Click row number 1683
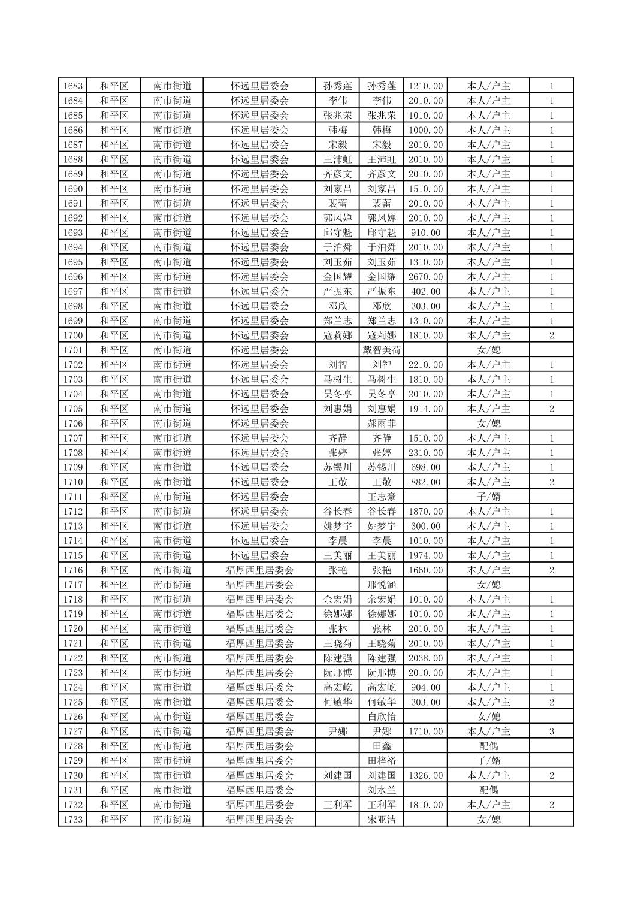(x=72, y=86)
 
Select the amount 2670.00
(x=425, y=277)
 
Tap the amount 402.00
(x=425, y=291)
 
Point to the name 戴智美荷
(x=382, y=350)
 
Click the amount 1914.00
(x=425, y=409)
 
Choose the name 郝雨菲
(x=382, y=424)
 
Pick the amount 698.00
(x=425, y=467)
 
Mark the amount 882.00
(x=425, y=482)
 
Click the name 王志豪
(x=382, y=497)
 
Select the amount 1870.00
(x=425, y=512)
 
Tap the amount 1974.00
(x=425, y=555)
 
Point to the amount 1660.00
(x=425, y=570)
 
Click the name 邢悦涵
(x=382, y=585)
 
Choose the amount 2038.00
(x=425, y=658)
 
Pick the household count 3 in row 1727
(x=551, y=731)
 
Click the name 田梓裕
(x=382, y=761)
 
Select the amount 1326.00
(x=425, y=775)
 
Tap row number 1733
(x=72, y=820)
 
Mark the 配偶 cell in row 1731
(x=488, y=790)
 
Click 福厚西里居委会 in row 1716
(x=259, y=570)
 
